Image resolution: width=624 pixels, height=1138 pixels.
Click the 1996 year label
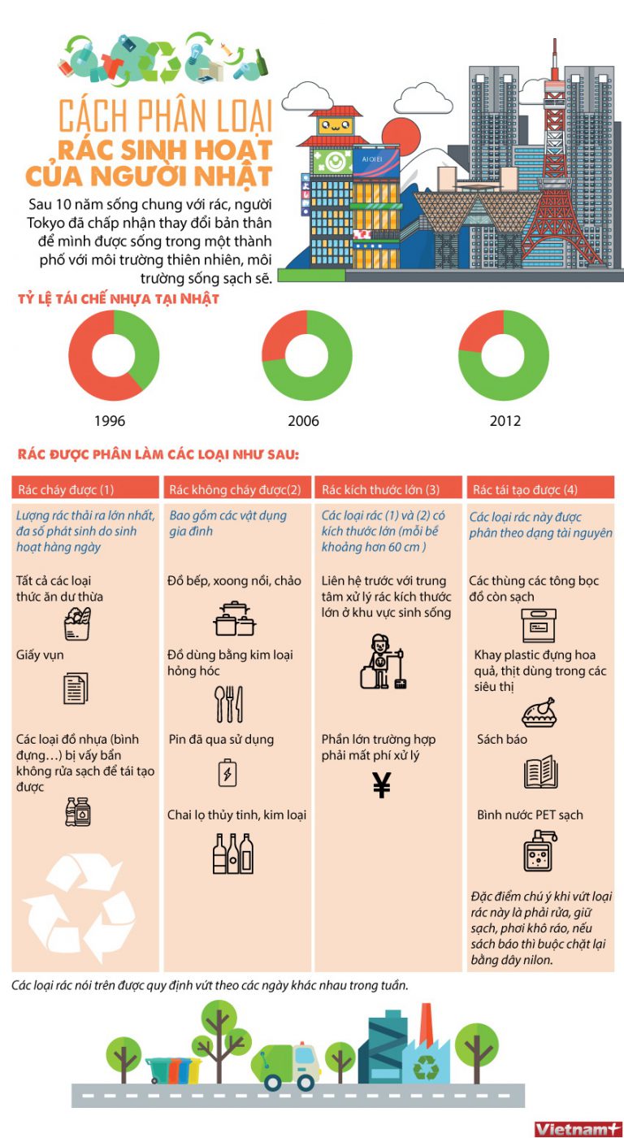pos(110,421)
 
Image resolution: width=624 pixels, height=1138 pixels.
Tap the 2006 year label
pos(304,421)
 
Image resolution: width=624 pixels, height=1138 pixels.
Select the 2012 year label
pos(505,421)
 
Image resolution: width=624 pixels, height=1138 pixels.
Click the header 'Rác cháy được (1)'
pos(66,489)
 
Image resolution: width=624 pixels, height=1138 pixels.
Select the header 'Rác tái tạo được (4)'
pos(525,489)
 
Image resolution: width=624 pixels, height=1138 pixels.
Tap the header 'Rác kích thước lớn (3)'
pos(381,489)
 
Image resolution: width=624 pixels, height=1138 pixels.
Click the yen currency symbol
pos(382,785)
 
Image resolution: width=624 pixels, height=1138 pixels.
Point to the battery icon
pos(227,773)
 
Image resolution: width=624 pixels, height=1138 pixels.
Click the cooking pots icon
pos(235,619)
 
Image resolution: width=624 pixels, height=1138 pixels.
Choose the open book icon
pos(540,771)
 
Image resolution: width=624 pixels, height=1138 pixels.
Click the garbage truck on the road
pos(286,1066)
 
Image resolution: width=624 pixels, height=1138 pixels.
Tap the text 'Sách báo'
pos(501,739)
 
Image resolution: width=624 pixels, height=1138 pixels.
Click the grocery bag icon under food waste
pos(77,623)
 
